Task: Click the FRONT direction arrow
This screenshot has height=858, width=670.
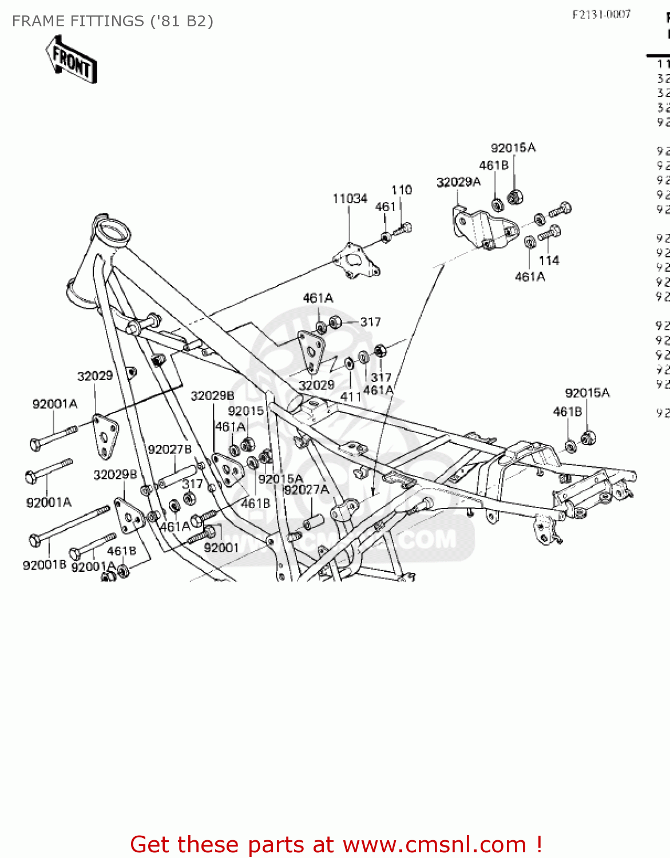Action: click(x=72, y=60)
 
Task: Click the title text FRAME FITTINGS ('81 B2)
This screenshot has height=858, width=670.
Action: click(x=112, y=21)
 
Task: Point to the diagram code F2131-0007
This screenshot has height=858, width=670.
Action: click(x=601, y=14)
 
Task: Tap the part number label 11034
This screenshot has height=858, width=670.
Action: click(x=350, y=198)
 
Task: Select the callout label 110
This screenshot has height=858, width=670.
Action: click(x=401, y=190)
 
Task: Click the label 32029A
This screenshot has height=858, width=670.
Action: click(x=458, y=182)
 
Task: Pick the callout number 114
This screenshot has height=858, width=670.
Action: click(x=549, y=261)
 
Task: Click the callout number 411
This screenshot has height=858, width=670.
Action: click(x=350, y=396)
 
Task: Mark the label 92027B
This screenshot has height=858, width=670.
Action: click(x=169, y=450)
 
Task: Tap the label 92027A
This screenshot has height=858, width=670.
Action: click(x=306, y=490)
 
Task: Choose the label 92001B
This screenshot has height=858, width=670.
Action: click(x=45, y=565)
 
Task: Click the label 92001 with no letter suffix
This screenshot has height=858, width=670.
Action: click(x=221, y=548)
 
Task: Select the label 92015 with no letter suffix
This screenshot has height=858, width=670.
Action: click(x=245, y=411)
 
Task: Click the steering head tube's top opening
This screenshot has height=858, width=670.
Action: click(x=113, y=233)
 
